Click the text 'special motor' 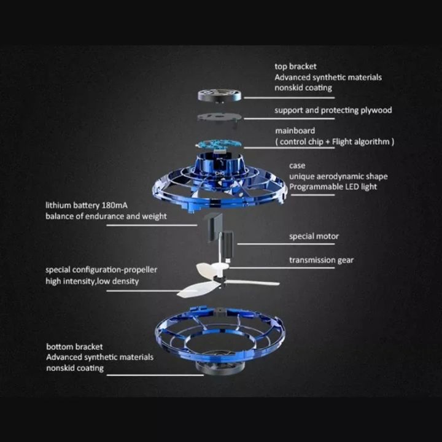click(x=314, y=236)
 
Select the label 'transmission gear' click(x=321, y=260)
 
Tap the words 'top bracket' click(x=295, y=66)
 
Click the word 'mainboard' click(x=295, y=131)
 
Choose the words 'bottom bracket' click(x=74, y=346)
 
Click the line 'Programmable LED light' click(x=333, y=187)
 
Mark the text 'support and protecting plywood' click(x=333, y=110)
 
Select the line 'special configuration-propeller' click(x=101, y=270)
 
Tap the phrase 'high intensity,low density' click(x=92, y=281)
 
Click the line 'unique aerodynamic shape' click(x=338, y=176)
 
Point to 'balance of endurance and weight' click(x=106, y=216)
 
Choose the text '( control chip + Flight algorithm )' click(x=334, y=142)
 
